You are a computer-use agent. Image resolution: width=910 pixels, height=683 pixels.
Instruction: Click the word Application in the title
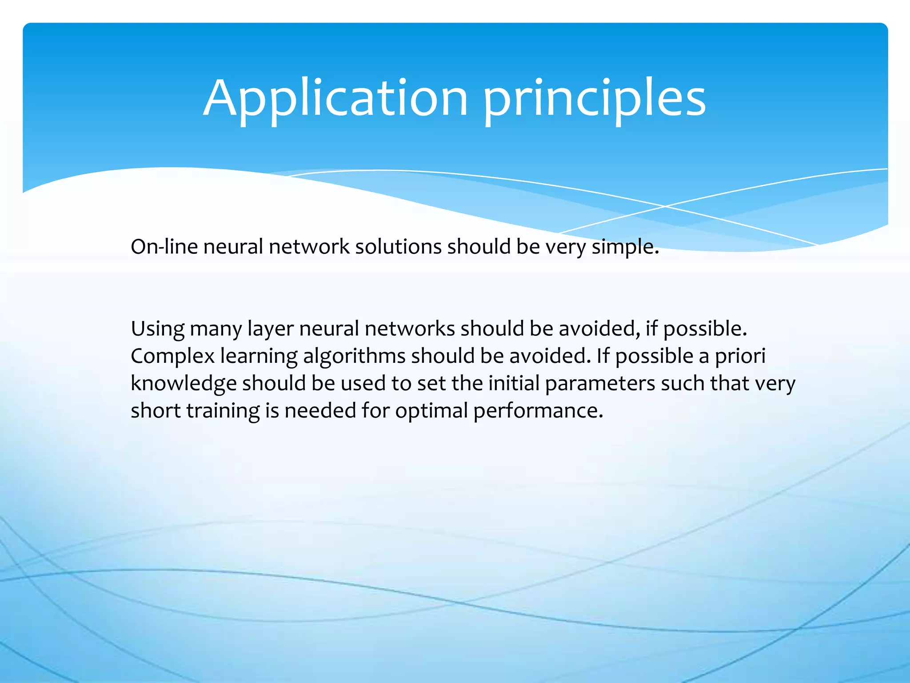pos(335,99)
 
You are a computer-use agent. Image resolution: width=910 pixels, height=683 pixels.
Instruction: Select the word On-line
pos(164,247)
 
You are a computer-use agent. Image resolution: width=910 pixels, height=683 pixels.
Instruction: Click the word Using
pos(158,329)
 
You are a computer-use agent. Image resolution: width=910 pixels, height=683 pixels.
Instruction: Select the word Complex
pos(172,357)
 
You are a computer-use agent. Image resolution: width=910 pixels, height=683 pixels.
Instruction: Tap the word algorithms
pos(354,357)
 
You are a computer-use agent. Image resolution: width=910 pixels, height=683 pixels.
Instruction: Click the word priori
pos(740,357)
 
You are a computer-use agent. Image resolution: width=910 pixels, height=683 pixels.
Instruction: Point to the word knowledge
pos(184,384)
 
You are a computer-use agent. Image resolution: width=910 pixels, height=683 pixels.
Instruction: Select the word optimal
pos(431,411)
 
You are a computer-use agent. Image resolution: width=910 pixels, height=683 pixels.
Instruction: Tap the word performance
pos(538,411)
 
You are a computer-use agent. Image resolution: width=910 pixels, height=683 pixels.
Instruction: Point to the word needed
pos(320,411)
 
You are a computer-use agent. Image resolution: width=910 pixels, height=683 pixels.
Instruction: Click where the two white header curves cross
pos(665,206)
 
